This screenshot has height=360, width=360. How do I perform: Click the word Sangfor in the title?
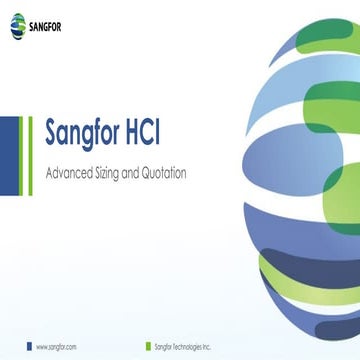pyautogui.click(x=91, y=134)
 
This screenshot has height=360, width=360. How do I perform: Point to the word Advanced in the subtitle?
pyautogui.click(x=70, y=173)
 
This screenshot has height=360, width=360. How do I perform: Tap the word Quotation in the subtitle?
pyautogui.click(x=163, y=173)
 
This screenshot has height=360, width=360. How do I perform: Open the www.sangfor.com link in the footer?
pyautogui.click(x=57, y=346)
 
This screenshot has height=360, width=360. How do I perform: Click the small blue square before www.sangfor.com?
pyautogui.click(x=29, y=346)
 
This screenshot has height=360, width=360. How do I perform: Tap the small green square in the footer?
pyautogui.click(x=146, y=346)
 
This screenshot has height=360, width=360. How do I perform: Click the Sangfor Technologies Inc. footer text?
pyautogui.click(x=183, y=346)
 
